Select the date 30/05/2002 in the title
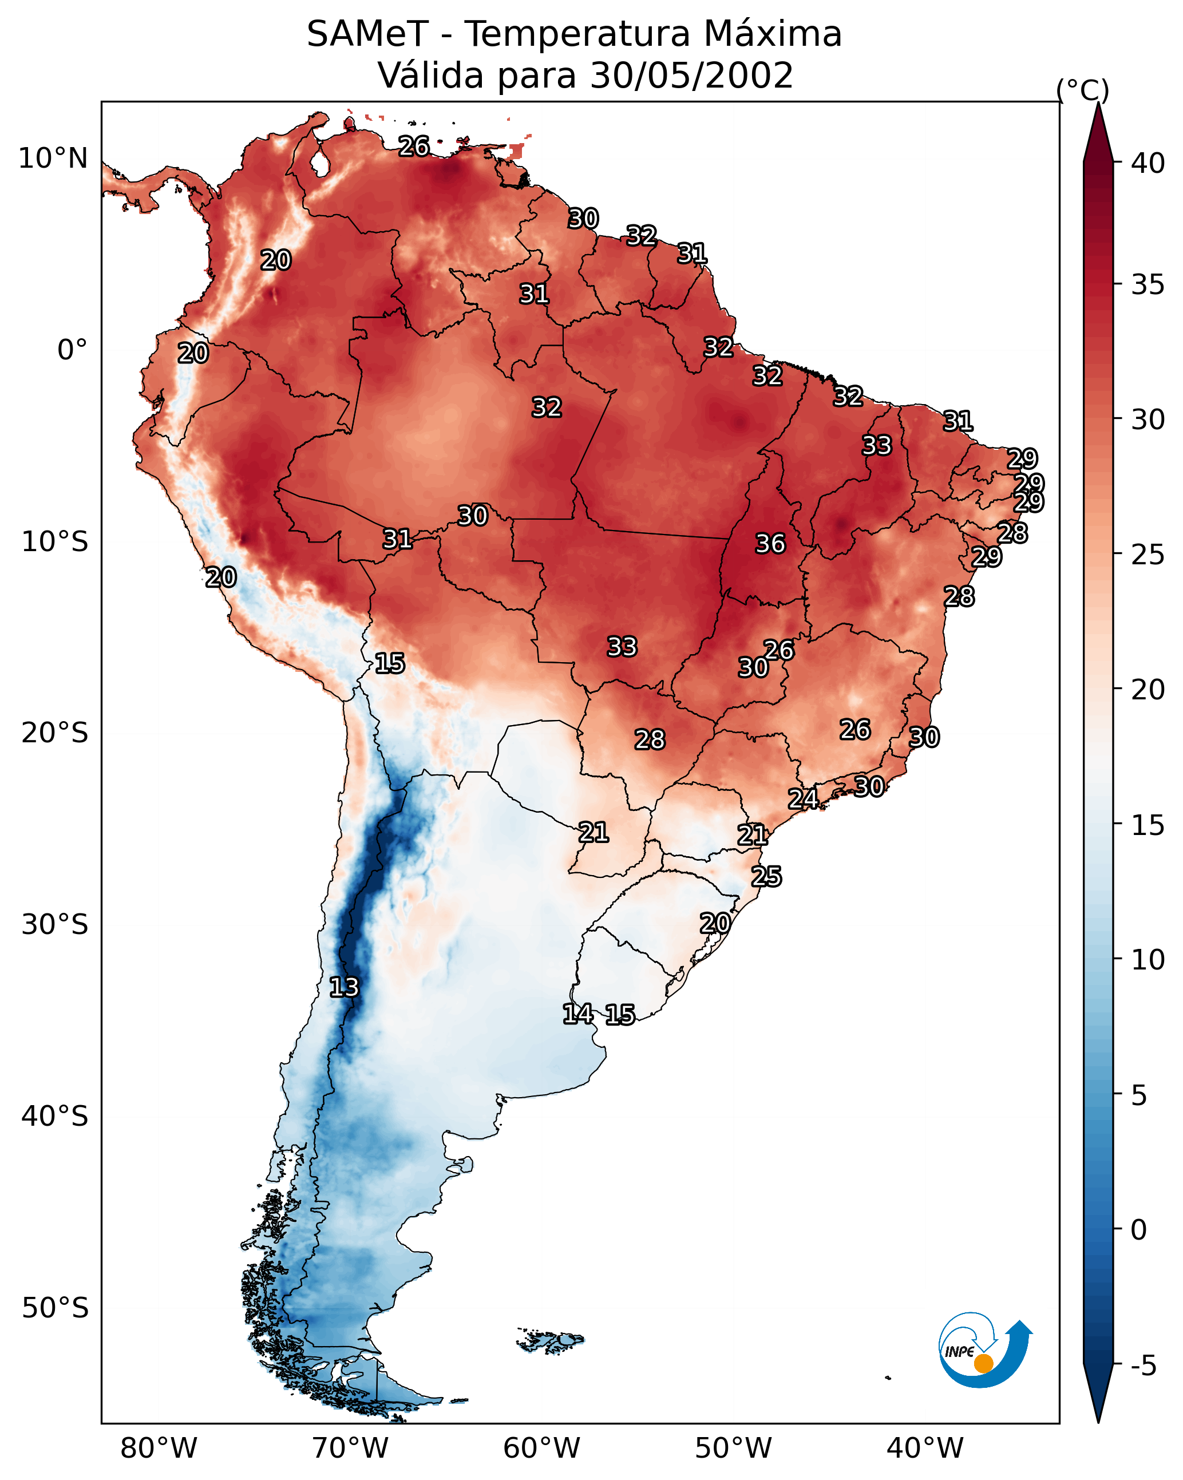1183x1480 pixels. tap(691, 76)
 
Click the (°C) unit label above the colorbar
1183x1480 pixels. tap(1083, 90)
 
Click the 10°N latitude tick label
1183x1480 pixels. tap(53, 159)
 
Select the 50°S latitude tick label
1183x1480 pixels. tap(55, 1308)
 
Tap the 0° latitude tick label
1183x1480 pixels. tap(72, 350)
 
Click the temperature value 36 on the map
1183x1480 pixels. tap(770, 544)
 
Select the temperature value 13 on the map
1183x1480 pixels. tap(344, 987)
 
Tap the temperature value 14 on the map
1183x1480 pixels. tap(577, 1013)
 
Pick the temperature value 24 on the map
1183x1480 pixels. tap(802, 798)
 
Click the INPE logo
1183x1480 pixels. tap(983, 1350)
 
